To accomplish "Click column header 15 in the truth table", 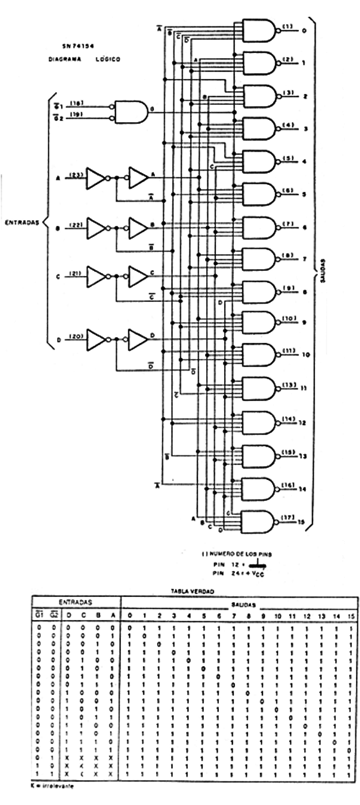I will pos(351,616).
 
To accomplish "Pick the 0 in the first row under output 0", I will pos(130,628).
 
